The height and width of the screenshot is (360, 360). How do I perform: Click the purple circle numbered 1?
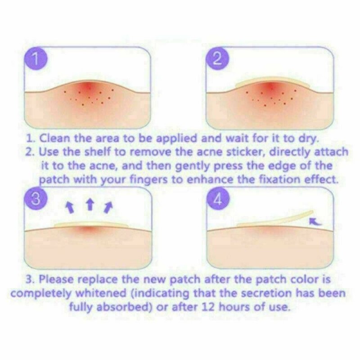(x=36, y=59)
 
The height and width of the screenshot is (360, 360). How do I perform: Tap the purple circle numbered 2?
(x=218, y=59)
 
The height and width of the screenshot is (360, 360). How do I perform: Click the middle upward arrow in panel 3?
(x=90, y=204)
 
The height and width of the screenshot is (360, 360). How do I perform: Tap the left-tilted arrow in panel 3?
(x=70, y=207)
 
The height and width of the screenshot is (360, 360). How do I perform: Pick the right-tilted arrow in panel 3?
(x=108, y=207)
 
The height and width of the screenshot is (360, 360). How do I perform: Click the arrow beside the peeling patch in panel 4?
(x=315, y=221)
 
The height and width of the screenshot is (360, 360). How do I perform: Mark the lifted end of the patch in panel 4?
(x=311, y=212)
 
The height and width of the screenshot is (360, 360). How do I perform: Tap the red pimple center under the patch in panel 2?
(x=271, y=87)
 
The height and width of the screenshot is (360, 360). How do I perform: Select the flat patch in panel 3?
(x=91, y=224)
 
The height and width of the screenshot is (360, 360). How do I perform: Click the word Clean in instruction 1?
(x=55, y=138)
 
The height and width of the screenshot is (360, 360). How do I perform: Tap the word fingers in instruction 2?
(x=149, y=180)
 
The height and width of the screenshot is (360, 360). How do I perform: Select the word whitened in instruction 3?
(x=101, y=293)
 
